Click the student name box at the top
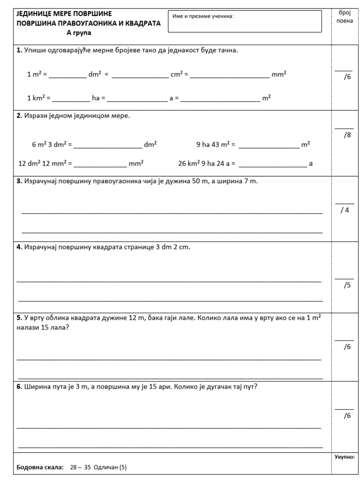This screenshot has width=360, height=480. [245, 22]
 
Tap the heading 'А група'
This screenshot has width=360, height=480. [79, 33]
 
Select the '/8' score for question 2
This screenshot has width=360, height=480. [346, 135]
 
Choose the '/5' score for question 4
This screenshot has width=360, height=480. [347, 285]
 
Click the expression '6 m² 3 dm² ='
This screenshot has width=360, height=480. [52, 145]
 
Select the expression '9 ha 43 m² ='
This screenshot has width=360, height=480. [216, 145]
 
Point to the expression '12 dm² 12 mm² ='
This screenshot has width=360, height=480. [45, 164]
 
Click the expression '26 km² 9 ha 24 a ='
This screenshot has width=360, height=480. [207, 164]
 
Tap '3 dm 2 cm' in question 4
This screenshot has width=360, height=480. [173, 247]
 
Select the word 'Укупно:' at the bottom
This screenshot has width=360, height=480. [345, 456]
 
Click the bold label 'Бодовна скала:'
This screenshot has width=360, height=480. [40, 467]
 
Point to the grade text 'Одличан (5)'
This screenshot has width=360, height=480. [111, 467]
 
